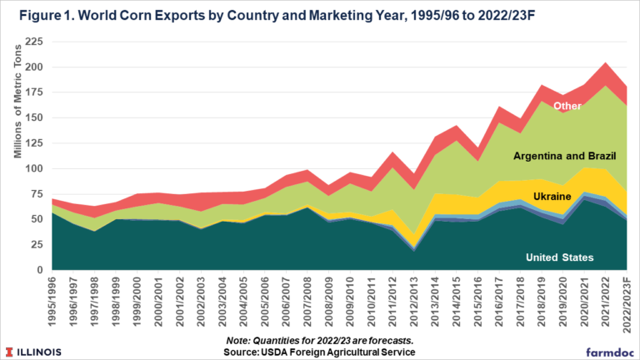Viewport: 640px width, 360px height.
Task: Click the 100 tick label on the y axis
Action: click(x=34, y=168)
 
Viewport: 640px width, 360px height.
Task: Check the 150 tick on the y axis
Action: click(x=34, y=118)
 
